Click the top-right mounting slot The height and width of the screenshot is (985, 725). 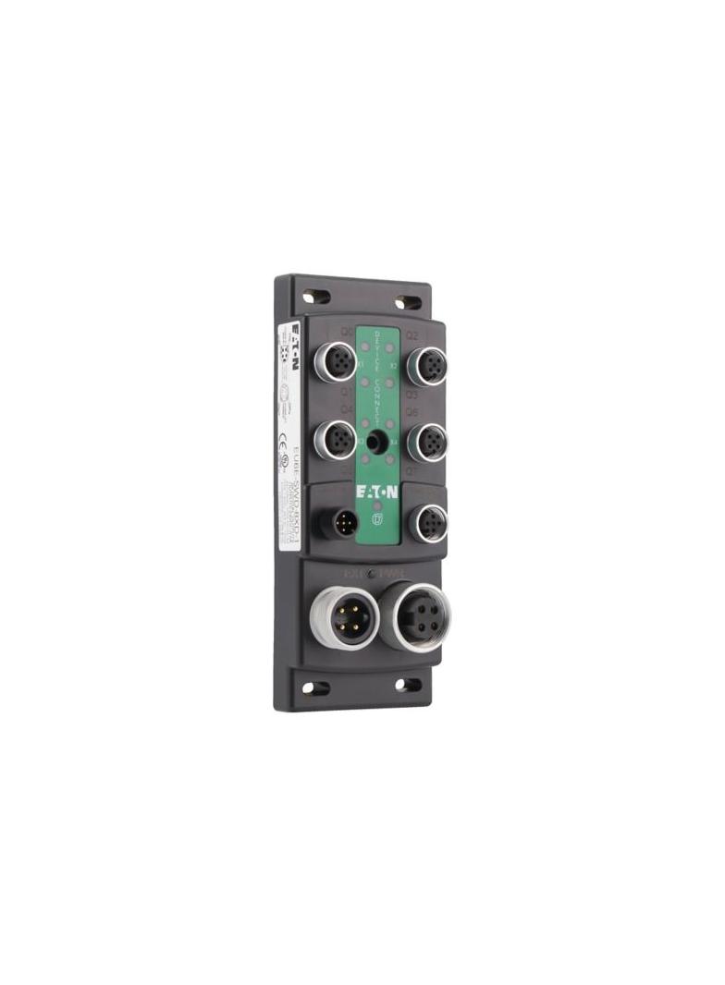tap(404, 301)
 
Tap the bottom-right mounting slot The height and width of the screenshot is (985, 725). tap(402, 685)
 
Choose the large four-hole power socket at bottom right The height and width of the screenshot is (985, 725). tap(410, 616)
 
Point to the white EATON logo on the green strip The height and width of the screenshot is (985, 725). tap(378, 491)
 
